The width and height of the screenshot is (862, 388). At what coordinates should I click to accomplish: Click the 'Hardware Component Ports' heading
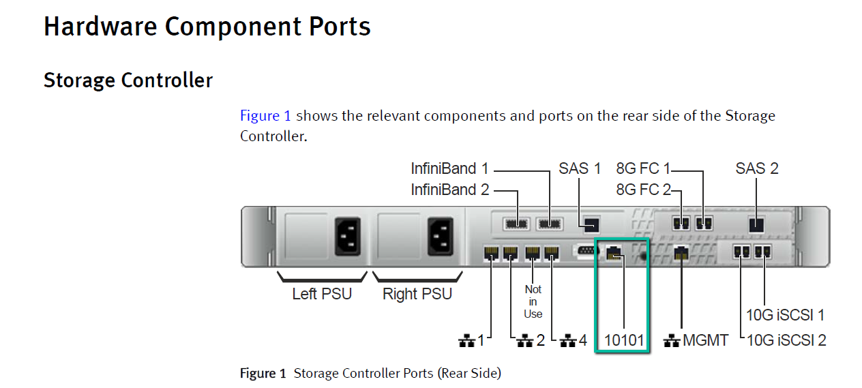click(x=207, y=27)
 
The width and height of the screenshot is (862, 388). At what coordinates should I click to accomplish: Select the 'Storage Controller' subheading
click(x=128, y=80)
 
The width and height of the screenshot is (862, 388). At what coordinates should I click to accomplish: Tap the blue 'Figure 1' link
click(x=265, y=115)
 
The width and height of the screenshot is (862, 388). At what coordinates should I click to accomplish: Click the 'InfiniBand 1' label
click(x=449, y=168)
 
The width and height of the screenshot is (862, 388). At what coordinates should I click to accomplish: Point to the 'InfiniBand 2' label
click(x=450, y=190)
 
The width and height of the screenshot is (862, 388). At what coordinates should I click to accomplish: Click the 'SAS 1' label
click(x=580, y=168)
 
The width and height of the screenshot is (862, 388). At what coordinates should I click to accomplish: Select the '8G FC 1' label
click(x=643, y=168)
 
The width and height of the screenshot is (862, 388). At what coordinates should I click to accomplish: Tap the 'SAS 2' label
click(x=757, y=168)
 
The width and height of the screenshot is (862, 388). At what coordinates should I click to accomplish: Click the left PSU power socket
click(x=348, y=237)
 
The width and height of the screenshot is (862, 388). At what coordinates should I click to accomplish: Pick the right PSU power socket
click(x=441, y=237)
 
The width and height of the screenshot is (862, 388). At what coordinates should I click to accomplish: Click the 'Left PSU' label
click(x=322, y=294)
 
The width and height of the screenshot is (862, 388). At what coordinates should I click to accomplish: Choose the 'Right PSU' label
click(x=417, y=294)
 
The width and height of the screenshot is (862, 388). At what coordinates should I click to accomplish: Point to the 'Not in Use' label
click(x=533, y=302)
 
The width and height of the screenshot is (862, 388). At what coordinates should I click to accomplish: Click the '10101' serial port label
click(x=624, y=340)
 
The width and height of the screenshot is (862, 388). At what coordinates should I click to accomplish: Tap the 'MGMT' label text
click(x=705, y=340)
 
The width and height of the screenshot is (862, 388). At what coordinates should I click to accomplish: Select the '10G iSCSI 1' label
click(x=785, y=315)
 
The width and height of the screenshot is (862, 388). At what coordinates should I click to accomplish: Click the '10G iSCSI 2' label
click(x=786, y=340)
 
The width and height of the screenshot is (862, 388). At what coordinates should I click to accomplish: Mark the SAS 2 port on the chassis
click(x=756, y=225)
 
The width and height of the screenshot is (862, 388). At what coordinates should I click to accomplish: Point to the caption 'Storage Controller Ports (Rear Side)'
click(x=397, y=374)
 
